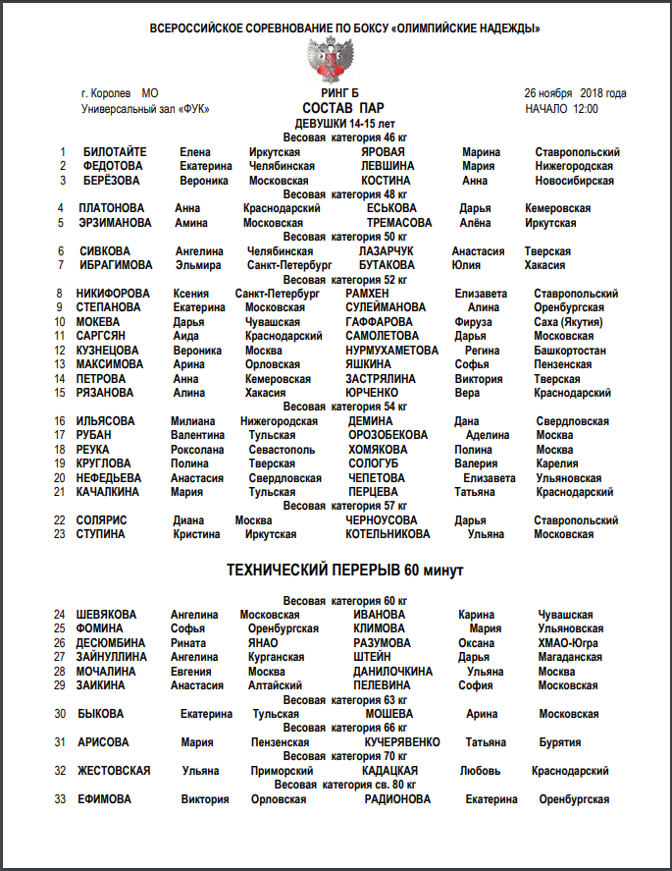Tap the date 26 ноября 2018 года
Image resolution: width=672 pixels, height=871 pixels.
[575, 93]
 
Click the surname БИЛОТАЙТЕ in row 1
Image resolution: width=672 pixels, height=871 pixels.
[115, 152]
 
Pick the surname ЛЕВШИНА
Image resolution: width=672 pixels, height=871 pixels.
[388, 166]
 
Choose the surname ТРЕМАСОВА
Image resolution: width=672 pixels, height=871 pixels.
[399, 223]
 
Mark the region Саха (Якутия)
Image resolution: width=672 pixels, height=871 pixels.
[568, 322]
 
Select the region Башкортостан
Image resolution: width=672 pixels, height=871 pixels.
[570, 351]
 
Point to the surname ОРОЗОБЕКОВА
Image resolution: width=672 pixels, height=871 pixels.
[388, 435]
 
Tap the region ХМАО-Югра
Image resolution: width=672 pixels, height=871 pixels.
[570, 643]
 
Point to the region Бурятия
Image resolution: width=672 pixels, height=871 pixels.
[560, 742]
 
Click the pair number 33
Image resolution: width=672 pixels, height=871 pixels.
[60, 799]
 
